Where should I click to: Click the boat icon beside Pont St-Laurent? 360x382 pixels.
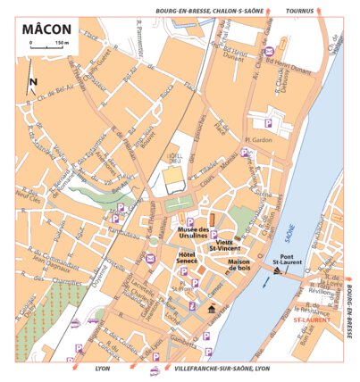pyautogui.click(x=278, y=271)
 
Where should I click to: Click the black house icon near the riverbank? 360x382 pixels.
pyautogui.click(x=212, y=309)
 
